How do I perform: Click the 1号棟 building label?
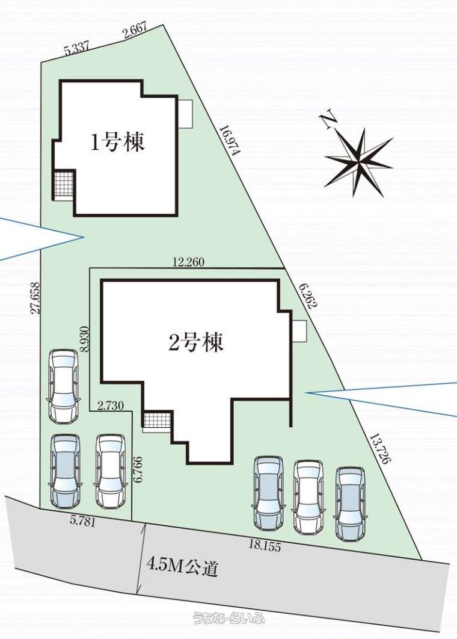tap(117, 143)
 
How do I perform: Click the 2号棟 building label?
tap(196, 343)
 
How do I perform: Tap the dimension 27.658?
tap(35, 298)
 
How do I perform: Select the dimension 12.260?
tap(188, 262)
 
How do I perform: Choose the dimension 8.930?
tap(84, 338)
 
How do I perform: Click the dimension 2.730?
tap(111, 406)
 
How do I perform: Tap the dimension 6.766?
tap(138, 469)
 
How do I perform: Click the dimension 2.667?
tap(135, 32)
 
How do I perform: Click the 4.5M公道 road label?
tap(182, 567)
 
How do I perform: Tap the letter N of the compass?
tap(329, 120)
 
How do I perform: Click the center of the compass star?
tap(359, 161)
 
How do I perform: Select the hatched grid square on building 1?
tap(64, 185)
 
